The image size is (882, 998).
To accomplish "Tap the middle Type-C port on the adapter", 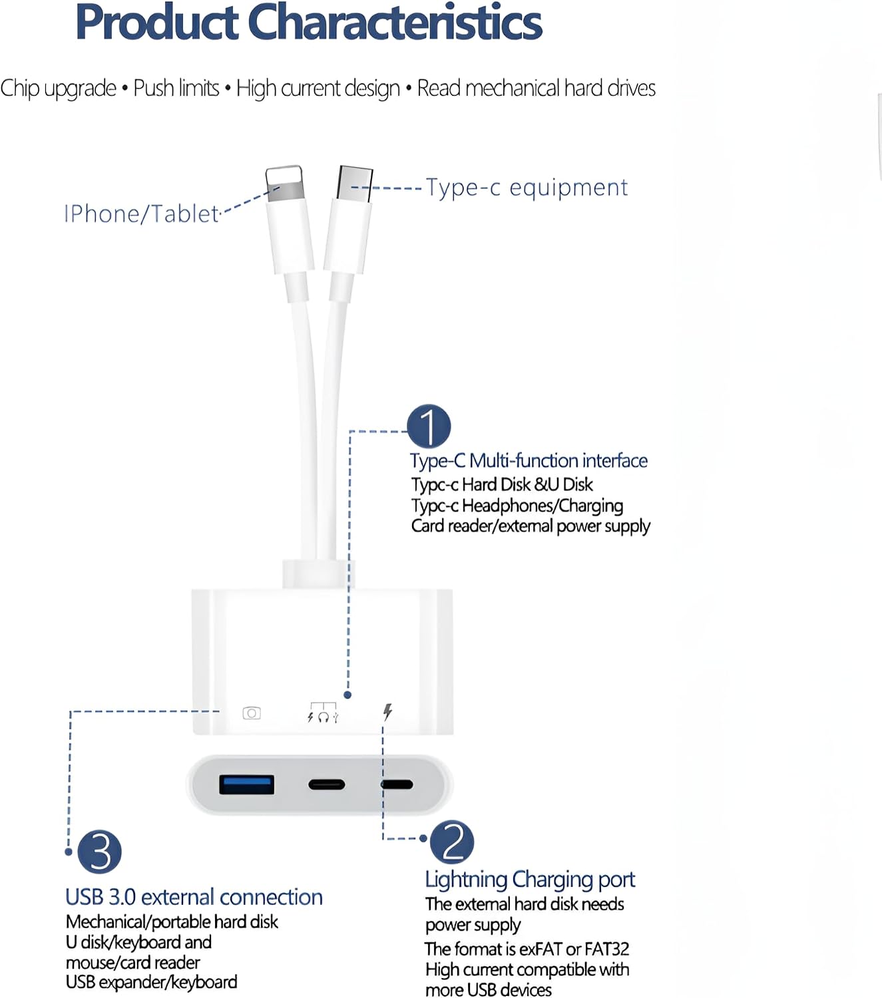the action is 326,784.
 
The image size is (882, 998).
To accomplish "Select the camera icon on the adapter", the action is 252,713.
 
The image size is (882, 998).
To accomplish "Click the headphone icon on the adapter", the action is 324,717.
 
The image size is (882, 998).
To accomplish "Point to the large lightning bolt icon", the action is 388,712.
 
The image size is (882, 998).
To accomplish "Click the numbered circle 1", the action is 429,426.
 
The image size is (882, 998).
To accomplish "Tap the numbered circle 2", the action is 451,842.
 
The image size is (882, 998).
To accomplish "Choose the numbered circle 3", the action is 100,852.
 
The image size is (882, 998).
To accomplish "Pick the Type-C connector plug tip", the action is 355,183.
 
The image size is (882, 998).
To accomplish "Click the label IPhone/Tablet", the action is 142,214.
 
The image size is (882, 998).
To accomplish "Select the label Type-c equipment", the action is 527,188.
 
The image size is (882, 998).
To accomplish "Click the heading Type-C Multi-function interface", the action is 529,460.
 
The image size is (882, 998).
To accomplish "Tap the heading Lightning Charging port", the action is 530,880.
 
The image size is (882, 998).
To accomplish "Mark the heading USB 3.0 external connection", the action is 194,897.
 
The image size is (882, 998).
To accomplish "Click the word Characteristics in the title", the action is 395,22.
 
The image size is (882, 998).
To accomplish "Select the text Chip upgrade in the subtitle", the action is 58,88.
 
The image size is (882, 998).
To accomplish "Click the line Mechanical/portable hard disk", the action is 172,922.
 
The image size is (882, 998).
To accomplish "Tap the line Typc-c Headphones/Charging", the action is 517,506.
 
